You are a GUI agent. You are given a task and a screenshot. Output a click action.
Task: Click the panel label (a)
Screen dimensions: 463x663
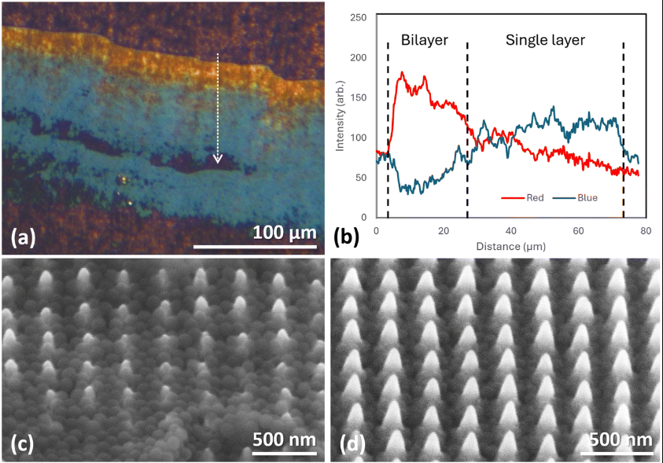[x=27, y=234]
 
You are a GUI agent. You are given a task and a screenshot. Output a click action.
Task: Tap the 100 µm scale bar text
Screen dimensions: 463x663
[x=285, y=233]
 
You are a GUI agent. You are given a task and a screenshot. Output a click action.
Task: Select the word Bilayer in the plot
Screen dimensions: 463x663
[x=425, y=40]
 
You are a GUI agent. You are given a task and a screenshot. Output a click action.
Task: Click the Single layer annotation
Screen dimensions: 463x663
[x=545, y=40]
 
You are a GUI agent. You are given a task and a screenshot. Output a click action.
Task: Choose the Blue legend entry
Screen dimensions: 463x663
[x=586, y=197]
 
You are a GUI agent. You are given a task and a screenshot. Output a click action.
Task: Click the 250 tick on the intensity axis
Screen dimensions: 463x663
[x=363, y=17]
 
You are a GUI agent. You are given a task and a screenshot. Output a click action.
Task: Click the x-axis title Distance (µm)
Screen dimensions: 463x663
[x=510, y=246]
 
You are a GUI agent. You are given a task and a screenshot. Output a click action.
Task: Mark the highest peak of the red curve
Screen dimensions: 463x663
[x=403, y=72]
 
